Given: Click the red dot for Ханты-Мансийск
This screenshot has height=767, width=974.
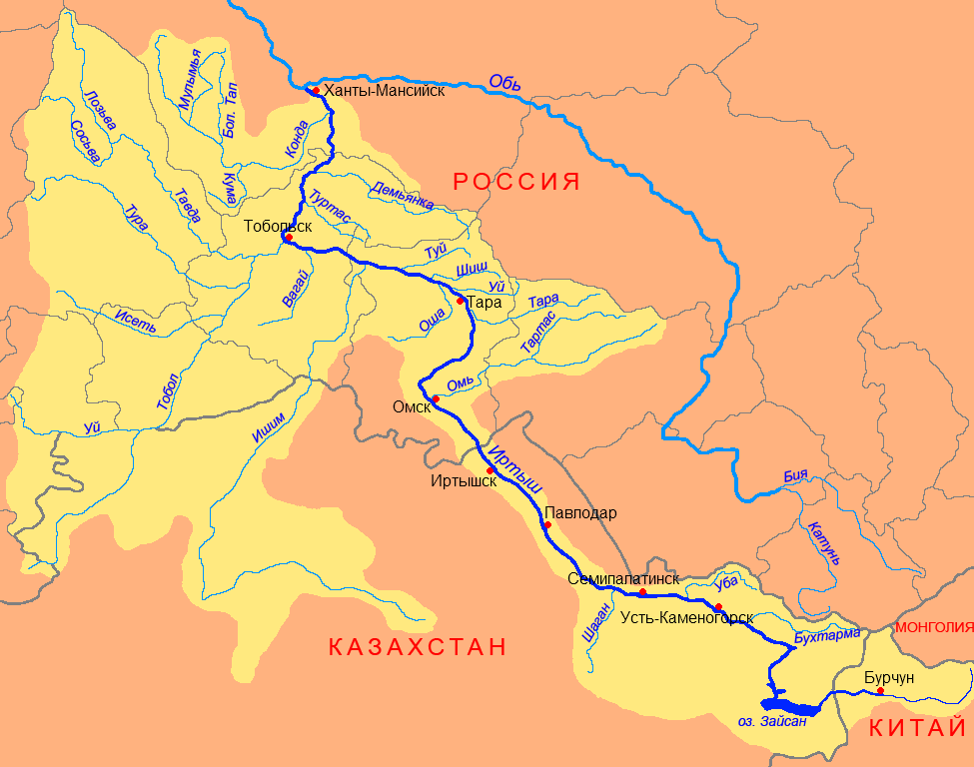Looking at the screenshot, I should coord(316,91).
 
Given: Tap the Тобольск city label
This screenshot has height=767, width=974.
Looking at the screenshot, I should coord(278,226).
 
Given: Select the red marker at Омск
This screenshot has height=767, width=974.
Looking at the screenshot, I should coord(436,399).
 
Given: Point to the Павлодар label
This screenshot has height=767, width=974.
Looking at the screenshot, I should coord(580,513).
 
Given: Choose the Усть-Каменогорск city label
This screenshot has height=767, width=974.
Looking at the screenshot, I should coord(686,618).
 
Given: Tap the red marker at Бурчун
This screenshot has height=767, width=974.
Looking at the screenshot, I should coord(880,691).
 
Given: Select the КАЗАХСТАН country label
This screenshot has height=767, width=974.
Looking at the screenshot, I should coord(418,646).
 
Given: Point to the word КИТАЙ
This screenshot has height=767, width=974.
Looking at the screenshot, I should coord(916,727).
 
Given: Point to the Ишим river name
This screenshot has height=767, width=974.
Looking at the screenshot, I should coord(270,433).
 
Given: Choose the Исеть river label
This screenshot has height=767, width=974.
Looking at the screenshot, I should coord(136,321).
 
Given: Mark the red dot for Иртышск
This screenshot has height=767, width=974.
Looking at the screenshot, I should coord(490,470).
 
